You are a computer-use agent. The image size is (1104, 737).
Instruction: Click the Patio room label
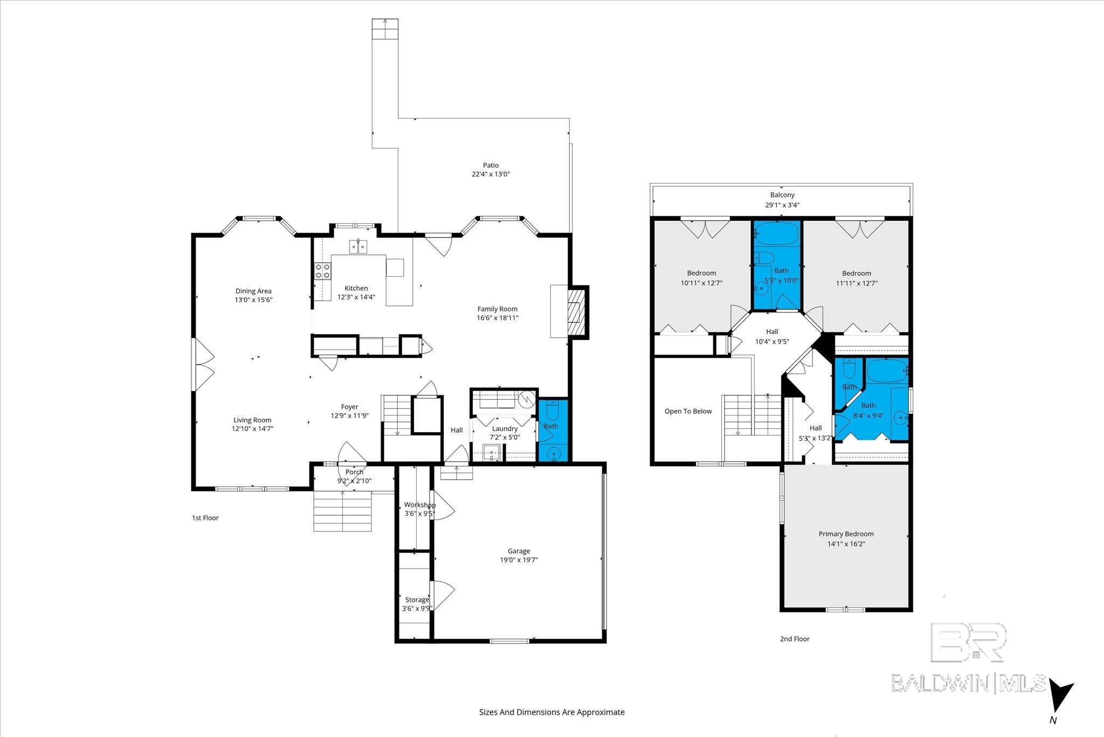[491, 165]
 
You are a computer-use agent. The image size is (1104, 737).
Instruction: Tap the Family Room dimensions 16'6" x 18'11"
[498, 318]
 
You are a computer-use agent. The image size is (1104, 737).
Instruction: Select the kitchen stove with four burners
[322, 271]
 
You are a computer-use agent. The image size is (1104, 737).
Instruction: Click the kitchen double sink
[357, 247]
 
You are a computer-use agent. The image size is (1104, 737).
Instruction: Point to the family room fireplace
[576, 312]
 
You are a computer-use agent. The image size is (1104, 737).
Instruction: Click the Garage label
[519, 551]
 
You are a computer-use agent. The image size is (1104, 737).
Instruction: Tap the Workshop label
[420, 505]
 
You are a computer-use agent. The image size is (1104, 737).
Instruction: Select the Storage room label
[417, 599]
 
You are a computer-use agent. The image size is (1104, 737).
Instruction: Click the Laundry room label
[505, 428]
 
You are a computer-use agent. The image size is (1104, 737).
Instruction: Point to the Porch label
[354, 472]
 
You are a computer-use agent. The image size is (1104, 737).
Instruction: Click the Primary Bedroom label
[846, 534]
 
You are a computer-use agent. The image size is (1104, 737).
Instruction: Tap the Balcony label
[782, 195]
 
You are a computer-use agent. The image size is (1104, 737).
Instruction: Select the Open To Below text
[688, 411]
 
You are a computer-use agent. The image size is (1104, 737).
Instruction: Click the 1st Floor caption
[205, 518]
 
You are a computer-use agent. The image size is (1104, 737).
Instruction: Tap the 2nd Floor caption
[795, 639]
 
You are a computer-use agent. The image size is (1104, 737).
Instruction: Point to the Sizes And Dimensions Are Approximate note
[552, 712]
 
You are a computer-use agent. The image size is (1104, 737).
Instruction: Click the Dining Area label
[253, 291]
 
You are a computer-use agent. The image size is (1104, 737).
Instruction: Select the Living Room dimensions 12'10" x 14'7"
[252, 429]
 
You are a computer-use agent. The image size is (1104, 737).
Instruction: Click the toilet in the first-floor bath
[552, 413]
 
